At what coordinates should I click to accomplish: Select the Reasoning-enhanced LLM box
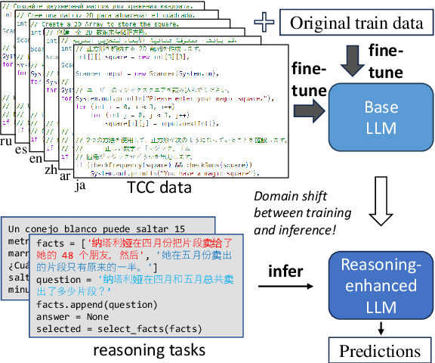[382, 285]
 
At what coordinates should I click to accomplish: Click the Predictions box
[380, 351]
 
